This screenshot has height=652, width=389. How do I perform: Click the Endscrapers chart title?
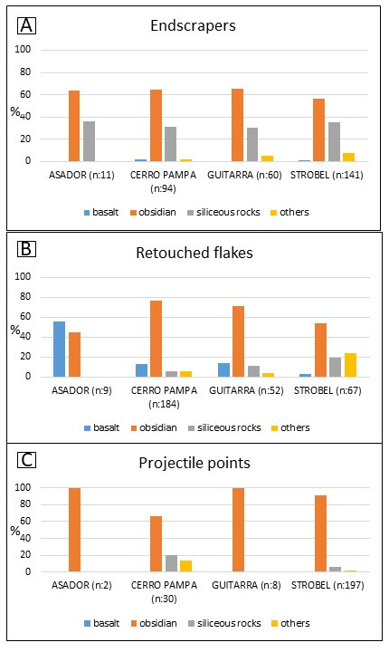tap(194, 25)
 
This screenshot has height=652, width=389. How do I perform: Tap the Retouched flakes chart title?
tap(194, 253)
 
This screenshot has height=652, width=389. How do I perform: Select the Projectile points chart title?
tap(194, 464)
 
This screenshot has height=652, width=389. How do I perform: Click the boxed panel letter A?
tap(26, 25)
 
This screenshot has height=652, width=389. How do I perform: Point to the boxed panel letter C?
tap(26, 460)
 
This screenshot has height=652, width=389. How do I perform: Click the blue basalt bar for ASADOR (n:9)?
tap(60, 350)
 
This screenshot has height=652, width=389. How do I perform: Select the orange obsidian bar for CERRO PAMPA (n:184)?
tap(156, 339)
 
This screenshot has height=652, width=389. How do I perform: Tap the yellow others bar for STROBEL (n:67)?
tap(350, 365)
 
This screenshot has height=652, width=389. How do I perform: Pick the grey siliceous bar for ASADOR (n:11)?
tap(89, 141)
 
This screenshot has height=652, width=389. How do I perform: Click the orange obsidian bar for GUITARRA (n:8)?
tap(239, 530)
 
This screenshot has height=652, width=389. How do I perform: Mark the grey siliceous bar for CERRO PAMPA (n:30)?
tap(171, 563)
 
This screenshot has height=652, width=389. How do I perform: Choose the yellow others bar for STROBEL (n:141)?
tap(348, 158)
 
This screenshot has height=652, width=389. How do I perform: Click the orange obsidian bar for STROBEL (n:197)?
tap(320, 533)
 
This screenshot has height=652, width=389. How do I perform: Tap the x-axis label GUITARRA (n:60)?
tap(244, 175)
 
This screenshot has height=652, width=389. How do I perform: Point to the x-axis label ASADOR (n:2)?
tap(81, 586)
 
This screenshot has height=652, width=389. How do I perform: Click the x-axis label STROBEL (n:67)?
tap(327, 391)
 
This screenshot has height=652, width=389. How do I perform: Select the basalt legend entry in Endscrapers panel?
tap(101, 213)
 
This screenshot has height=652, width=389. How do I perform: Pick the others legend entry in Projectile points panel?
tap(290, 623)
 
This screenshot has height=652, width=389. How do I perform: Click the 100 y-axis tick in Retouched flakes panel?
tap(23, 277)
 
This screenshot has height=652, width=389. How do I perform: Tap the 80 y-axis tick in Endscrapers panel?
tap(25, 72)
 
